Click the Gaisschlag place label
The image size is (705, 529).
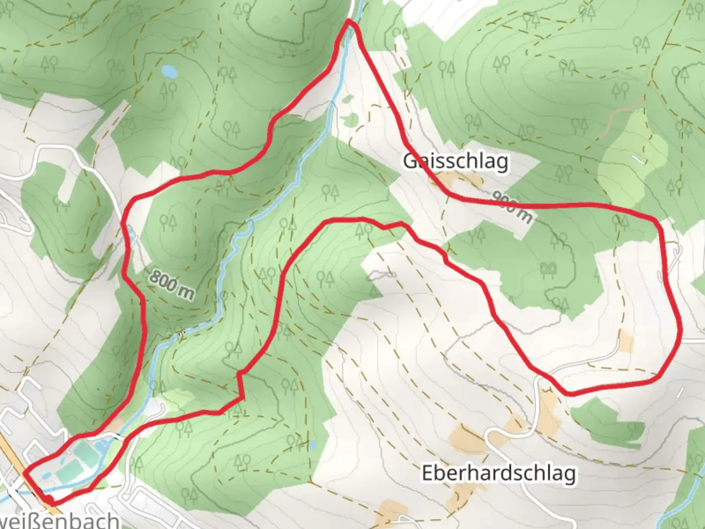(455, 161)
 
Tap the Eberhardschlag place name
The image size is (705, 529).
(498, 474)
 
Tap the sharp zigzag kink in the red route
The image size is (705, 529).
(240, 375)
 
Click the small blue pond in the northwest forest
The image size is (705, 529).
(169, 72)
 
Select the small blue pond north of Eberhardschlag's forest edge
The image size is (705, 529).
(312, 446)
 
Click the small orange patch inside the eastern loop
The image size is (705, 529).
(626, 342)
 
